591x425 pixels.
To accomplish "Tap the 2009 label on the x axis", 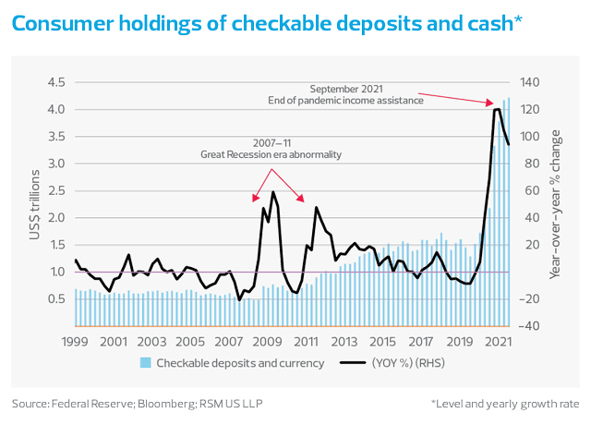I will (x=268, y=342).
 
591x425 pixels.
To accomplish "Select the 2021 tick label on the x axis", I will (x=500, y=342).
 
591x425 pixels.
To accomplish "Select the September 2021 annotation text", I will (x=366, y=95).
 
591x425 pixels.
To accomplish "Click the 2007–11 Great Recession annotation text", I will (x=272, y=150).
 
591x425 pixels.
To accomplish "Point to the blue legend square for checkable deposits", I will (x=146, y=363).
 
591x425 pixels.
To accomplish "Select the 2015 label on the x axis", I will (x=383, y=342).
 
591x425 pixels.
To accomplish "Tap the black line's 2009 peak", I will (x=273, y=192).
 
